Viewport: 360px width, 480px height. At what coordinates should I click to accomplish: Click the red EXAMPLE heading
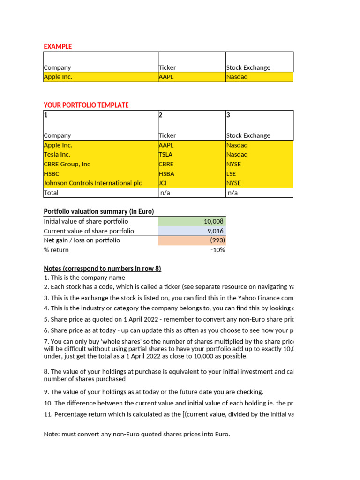pyautogui.click(x=58, y=46)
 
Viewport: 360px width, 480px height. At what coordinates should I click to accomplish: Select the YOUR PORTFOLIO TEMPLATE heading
pyautogui.click(x=86, y=105)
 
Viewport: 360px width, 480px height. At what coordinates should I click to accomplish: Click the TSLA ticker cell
pyautogui.click(x=165, y=155)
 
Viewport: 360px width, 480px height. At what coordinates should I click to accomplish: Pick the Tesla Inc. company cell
pyautogui.click(x=57, y=155)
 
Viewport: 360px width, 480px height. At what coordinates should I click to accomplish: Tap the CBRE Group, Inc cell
pyautogui.click(x=67, y=164)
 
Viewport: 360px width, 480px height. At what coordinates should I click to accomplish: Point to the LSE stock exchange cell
pyautogui.click(x=231, y=174)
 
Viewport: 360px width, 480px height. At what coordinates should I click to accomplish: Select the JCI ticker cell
pyautogui.click(x=163, y=183)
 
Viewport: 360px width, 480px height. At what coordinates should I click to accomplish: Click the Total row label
pyautogui.click(x=51, y=193)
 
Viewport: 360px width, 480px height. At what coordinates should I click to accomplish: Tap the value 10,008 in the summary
pyautogui.click(x=214, y=221)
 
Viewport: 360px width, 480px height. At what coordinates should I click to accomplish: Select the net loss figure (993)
pyautogui.click(x=217, y=240)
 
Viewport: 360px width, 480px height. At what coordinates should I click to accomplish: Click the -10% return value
pyautogui.click(x=217, y=250)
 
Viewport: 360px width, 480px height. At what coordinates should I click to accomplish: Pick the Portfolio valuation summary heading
pyautogui.click(x=98, y=211)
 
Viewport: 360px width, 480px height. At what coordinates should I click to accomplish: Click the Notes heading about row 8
pyautogui.click(x=102, y=269)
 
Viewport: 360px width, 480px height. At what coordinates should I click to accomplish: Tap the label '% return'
pyautogui.click(x=56, y=250)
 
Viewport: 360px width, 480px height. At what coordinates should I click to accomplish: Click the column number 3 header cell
pyautogui.click(x=228, y=115)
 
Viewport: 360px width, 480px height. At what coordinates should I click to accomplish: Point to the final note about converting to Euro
pyautogui.click(x=137, y=434)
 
